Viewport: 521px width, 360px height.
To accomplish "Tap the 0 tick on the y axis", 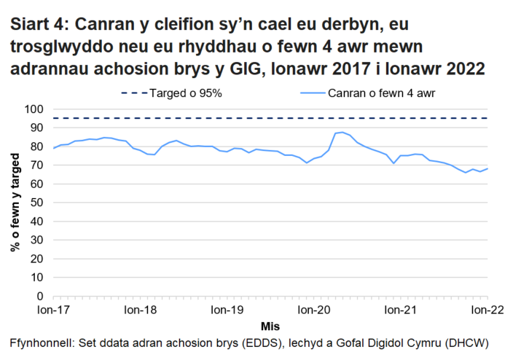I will (41, 297).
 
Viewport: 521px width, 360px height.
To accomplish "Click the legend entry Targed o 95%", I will (176, 93).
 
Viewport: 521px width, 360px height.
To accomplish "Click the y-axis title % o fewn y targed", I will (15, 202).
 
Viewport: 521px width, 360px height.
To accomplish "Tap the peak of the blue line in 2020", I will (342, 132).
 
